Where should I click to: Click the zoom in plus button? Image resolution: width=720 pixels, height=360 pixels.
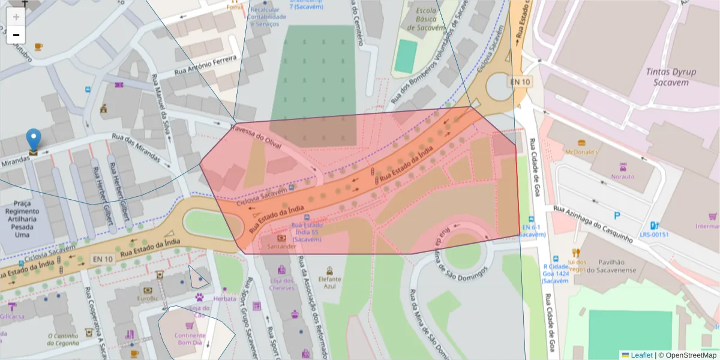pos(16,17)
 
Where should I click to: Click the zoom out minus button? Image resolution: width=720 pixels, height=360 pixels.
pos(16,35)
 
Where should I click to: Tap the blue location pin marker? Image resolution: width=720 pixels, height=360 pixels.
pos(34,140)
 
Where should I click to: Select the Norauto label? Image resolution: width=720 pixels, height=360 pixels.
pos(623,176)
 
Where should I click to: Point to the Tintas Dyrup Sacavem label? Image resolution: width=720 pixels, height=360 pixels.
pos(671,77)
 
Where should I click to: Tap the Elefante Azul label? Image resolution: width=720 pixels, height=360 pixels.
pos(329,283)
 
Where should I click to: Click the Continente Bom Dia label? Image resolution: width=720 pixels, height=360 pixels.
pos(190,339)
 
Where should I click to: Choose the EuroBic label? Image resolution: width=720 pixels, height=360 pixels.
pos(148,298)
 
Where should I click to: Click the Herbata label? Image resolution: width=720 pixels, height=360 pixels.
pos(224,298)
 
